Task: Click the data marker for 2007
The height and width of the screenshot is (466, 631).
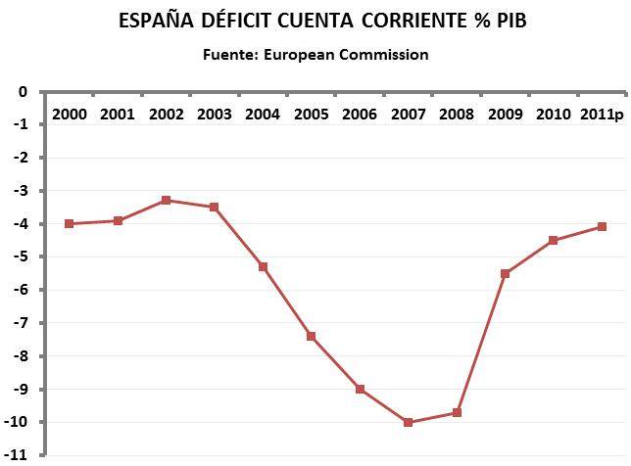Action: click(408, 422)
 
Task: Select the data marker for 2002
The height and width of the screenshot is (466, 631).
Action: click(166, 200)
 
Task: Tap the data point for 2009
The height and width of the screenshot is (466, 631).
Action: click(505, 273)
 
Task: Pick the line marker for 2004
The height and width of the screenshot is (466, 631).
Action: click(263, 266)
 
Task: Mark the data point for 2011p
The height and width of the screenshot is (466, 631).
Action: click(602, 226)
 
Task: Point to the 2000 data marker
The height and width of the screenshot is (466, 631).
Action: click(69, 223)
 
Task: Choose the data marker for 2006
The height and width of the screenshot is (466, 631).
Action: click(360, 389)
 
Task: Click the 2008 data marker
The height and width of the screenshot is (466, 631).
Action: click(457, 412)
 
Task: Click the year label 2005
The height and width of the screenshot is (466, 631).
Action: click(311, 114)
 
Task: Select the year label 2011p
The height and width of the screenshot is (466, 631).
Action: click(602, 114)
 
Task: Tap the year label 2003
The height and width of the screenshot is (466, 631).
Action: click(214, 114)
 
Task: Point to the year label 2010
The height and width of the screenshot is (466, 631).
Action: click(553, 114)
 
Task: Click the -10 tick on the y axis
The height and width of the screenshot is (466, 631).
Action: click(18, 422)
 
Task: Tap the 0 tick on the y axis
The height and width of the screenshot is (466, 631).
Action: click(24, 92)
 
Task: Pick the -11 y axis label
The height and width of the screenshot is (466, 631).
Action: click(18, 455)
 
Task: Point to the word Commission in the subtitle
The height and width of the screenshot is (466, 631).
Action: click(383, 55)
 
